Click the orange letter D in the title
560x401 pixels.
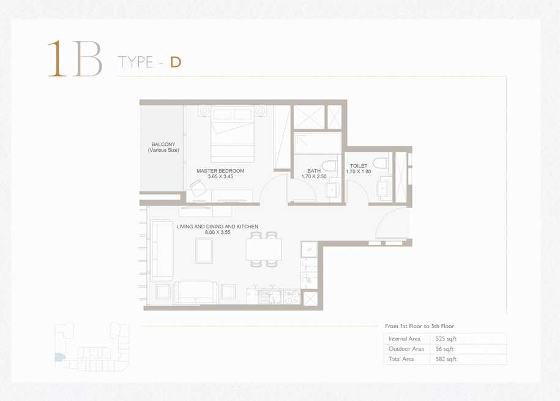(x=176, y=62)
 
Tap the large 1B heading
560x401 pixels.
(x=75, y=59)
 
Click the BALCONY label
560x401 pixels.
(x=163, y=144)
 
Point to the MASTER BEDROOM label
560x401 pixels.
(x=220, y=171)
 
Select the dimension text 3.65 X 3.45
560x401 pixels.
(x=220, y=176)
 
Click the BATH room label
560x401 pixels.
(x=314, y=171)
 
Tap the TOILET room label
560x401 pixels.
(x=359, y=166)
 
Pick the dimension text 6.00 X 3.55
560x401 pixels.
(x=217, y=232)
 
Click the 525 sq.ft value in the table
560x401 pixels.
(x=446, y=339)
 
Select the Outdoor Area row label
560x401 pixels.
(x=406, y=349)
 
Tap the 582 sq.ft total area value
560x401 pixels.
(x=446, y=359)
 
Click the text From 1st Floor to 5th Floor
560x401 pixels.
(x=420, y=326)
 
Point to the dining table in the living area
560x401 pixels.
(x=264, y=249)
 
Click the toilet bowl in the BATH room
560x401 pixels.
(x=329, y=165)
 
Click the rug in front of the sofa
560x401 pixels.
(x=204, y=250)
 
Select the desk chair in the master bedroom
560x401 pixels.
(x=198, y=188)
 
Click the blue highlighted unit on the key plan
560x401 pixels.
(x=59, y=357)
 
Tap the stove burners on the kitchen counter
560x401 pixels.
(x=292, y=297)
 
